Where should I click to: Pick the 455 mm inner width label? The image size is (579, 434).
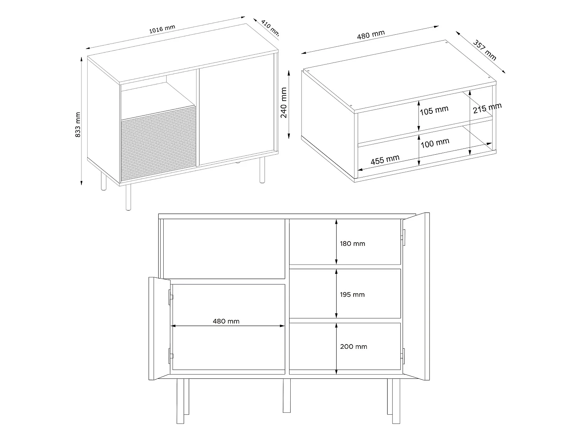[x=385, y=160]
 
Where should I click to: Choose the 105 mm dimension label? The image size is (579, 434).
[x=434, y=111]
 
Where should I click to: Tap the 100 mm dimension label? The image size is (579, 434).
[x=435, y=144]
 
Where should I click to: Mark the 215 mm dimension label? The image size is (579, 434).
[x=487, y=108]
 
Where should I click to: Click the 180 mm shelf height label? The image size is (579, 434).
[x=352, y=244]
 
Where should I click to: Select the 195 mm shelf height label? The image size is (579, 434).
[x=352, y=295]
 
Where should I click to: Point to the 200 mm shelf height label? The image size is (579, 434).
[x=353, y=346]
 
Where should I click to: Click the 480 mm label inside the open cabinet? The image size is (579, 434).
[x=226, y=321]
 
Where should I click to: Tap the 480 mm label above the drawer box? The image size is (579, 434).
[x=371, y=35]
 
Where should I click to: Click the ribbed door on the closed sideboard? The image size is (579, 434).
[x=158, y=147]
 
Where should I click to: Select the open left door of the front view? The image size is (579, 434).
[x=159, y=328]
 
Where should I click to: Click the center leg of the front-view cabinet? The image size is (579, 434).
[x=286, y=395]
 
